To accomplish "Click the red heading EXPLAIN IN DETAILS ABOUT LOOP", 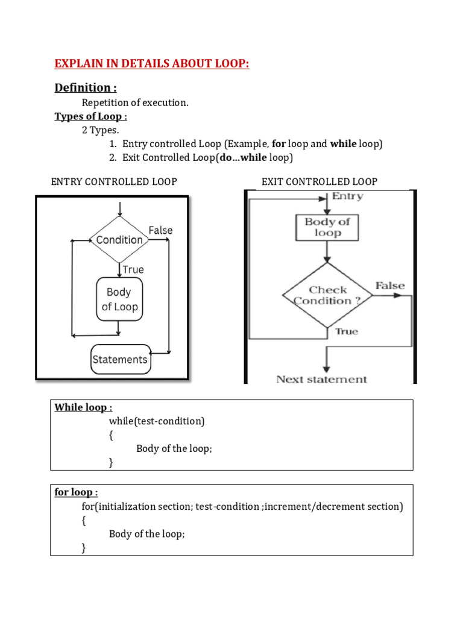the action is [151, 63].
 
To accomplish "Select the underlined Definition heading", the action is [86, 87].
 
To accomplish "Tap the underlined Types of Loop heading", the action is [90, 116].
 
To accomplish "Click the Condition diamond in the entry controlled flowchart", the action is [119, 240].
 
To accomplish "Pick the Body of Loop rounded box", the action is [119, 299].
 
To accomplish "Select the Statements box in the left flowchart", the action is [121, 359].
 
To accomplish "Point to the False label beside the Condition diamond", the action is [160, 230].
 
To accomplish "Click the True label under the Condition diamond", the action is [133, 269].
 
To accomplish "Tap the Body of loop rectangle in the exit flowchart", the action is [327, 227].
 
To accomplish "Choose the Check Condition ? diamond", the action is [327, 295].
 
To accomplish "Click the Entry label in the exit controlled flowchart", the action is [347, 196].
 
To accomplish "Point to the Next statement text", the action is [321, 380].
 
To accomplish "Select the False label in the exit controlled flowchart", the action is [390, 285].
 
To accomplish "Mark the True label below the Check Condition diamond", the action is [347, 331].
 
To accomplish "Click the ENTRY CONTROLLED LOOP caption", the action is [114, 182].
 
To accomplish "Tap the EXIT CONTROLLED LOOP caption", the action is [320, 182].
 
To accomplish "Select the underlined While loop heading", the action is [83, 407].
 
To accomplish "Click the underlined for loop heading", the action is [76, 492].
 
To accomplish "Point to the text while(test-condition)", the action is [157, 421].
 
